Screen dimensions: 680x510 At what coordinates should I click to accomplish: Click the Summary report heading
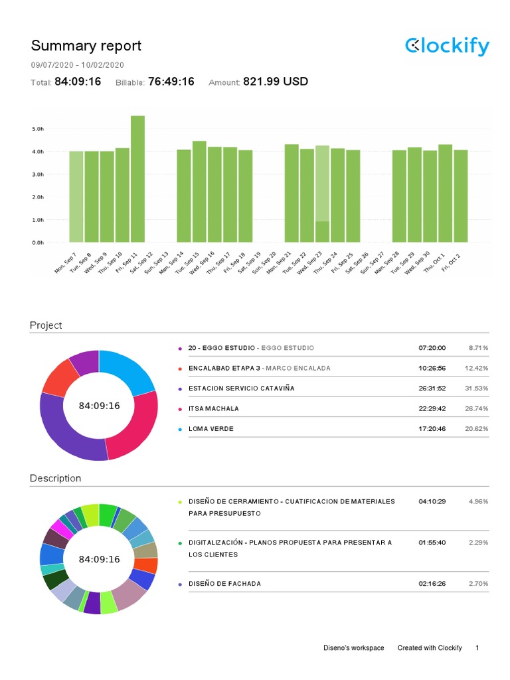tap(86, 46)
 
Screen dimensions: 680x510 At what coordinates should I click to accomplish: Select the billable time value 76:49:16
tap(171, 82)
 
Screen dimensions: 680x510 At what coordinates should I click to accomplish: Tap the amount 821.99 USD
tap(276, 82)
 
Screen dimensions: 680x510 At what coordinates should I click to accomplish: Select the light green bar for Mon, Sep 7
tap(76, 197)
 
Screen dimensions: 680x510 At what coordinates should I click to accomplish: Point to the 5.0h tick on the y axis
tap(38, 129)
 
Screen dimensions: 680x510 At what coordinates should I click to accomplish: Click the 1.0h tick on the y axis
tap(38, 220)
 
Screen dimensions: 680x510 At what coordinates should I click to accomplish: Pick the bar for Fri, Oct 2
tap(460, 197)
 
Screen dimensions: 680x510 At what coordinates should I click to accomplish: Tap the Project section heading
tap(46, 325)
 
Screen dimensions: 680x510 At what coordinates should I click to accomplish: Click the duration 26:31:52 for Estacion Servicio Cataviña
tap(432, 388)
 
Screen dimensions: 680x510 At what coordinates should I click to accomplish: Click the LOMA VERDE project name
tap(211, 429)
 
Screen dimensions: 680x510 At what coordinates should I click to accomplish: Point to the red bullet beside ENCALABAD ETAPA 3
tap(180, 369)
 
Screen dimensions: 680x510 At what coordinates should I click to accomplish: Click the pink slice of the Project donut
tap(137, 428)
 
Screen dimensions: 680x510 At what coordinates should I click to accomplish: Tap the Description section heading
tap(55, 478)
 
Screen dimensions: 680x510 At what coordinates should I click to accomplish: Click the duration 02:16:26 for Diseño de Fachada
tap(432, 584)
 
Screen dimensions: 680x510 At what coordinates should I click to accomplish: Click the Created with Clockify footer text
tap(429, 647)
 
